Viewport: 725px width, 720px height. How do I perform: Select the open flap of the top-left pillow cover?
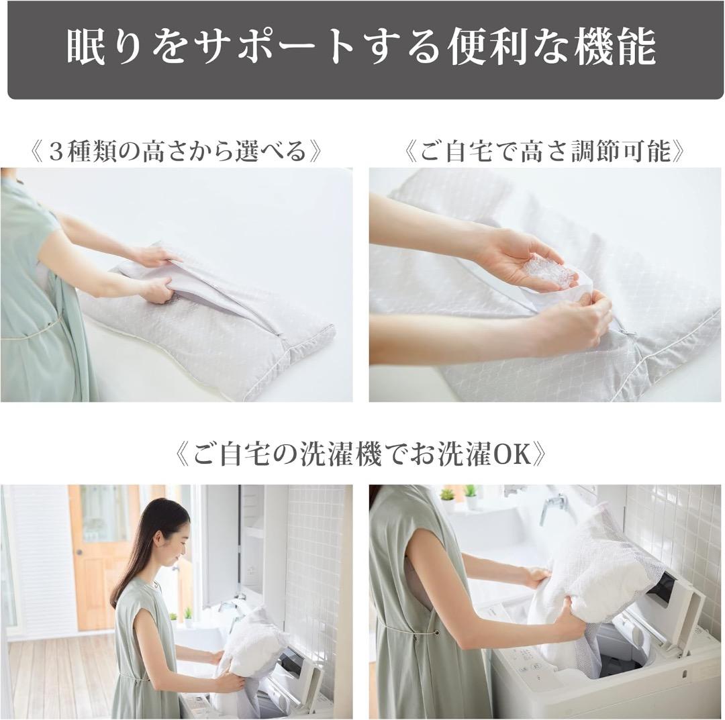tap(201, 282)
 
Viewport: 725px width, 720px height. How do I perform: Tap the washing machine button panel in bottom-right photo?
tap(530, 662)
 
